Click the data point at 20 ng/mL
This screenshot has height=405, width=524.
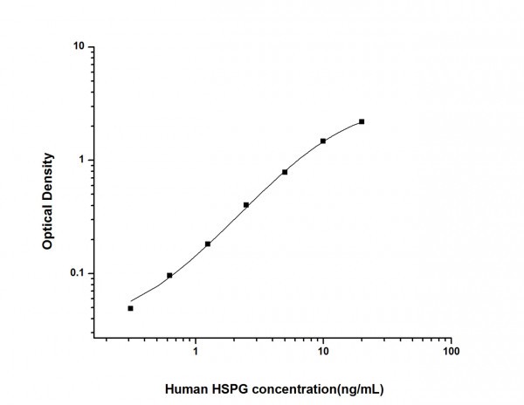click(362, 121)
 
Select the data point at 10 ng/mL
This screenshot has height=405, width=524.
click(323, 141)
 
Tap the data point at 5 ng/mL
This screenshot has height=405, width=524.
click(285, 172)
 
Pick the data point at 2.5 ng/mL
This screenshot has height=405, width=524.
click(246, 205)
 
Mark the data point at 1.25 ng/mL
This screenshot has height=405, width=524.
click(208, 244)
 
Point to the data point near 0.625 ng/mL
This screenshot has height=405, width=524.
click(169, 275)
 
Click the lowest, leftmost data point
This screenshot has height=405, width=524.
click(131, 308)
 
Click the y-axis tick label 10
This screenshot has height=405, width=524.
click(78, 47)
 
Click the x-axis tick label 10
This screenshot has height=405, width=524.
click(323, 352)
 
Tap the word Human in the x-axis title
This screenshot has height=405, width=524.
click(187, 385)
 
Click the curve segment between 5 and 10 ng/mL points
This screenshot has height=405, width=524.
click(304, 155)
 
